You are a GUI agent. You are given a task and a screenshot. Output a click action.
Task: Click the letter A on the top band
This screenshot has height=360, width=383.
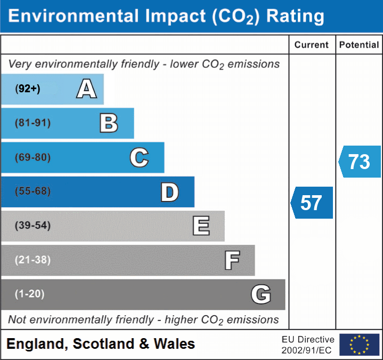tap(86, 89)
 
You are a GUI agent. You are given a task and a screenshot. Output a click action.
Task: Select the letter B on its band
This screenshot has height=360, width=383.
tap(109, 123)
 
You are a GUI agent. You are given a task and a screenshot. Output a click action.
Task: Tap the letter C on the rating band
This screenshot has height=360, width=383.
tap(139, 157)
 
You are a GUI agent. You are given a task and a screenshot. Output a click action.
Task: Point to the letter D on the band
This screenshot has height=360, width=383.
tap(169, 192)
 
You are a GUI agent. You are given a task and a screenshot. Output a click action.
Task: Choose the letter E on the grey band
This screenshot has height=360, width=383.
tap(201, 226)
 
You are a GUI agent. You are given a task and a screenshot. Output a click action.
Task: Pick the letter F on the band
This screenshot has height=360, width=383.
tap(232, 260)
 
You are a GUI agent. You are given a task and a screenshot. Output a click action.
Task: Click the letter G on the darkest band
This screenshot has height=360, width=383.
tap(261, 294)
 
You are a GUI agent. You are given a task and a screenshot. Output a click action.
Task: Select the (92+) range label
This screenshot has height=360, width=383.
tap(28, 89)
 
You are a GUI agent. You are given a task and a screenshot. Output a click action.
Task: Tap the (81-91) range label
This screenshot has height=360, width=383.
tap(33, 123)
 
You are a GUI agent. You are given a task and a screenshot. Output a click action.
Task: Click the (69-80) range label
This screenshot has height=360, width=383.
tap(33, 157)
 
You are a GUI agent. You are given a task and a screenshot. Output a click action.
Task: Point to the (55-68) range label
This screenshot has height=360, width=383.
tap(33, 191)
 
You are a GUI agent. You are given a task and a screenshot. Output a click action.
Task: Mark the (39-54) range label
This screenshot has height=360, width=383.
tap(33, 226)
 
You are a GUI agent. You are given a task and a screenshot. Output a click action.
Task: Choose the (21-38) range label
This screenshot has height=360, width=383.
tap(33, 260)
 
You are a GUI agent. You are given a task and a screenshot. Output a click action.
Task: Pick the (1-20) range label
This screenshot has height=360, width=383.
tap(30, 294)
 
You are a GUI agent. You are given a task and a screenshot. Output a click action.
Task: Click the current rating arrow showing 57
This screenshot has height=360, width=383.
tap(312, 203)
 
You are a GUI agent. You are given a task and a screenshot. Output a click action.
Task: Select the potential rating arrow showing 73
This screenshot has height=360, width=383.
tap(360, 162)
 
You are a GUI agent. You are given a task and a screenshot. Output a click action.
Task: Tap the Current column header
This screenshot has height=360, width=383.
tap(312, 45)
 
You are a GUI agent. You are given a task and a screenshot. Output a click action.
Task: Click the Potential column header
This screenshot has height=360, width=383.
tap(359, 45)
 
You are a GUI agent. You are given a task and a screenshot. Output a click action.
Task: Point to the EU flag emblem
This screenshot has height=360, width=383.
tap(359, 345)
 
